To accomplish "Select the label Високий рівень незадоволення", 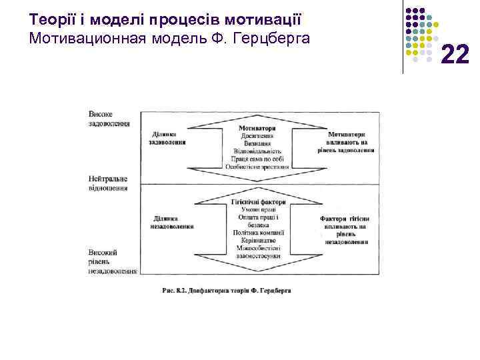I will pyautogui.click(x=112, y=262).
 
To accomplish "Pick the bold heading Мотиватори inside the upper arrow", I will pyautogui.click(x=257, y=128).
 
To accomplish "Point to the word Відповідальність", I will pyautogui.click(x=257, y=151).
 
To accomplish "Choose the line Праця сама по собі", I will pyautogui.click(x=257, y=159).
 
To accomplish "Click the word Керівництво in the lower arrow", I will pyautogui.click(x=258, y=240).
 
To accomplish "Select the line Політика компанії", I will pyautogui.click(x=258, y=233).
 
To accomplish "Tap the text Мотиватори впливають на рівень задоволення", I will pyautogui.click(x=346, y=142).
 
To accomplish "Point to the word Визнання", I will pyautogui.click(x=257, y=143).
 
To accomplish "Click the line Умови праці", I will pyautogui.click(x=258, y=209).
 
